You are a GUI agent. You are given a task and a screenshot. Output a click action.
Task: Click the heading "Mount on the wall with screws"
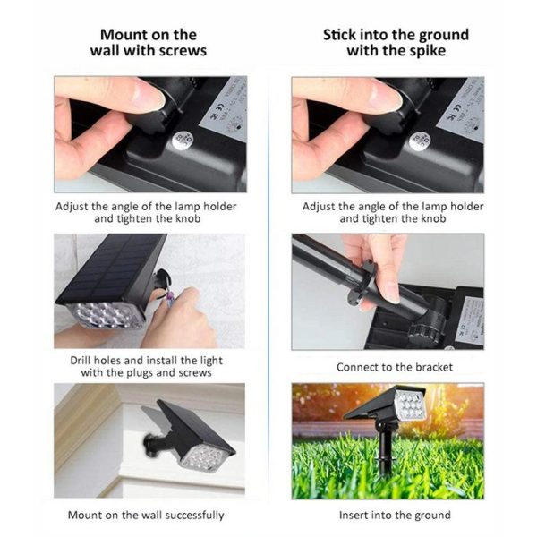point(149,43)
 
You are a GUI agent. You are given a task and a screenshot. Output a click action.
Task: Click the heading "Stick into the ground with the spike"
point(396,43)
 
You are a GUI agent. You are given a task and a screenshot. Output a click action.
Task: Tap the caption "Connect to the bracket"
point(395,367)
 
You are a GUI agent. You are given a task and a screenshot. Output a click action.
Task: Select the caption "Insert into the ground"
point(395,516)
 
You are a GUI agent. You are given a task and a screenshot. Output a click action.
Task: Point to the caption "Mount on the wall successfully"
point(146,516)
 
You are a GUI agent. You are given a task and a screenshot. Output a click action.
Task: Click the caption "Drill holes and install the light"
point(146,361)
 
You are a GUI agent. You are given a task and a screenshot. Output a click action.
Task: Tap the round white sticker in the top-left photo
point(183,141)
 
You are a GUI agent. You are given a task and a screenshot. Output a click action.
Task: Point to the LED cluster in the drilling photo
point(103,315)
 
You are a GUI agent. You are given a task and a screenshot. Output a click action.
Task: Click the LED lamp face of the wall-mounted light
point(203,457)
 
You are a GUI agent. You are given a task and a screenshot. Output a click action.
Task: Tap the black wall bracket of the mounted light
point(156,442)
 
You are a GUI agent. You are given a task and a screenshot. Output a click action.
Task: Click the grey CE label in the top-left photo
point(226,108)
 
